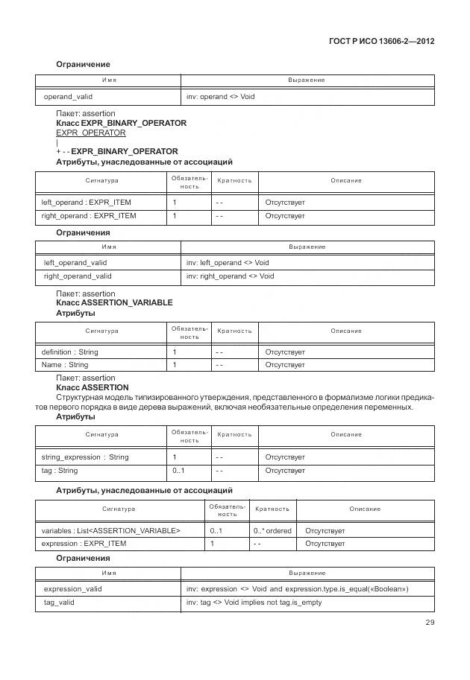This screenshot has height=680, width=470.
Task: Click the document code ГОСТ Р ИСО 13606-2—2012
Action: pos(381,41)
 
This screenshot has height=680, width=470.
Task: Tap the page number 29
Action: pos(429,623)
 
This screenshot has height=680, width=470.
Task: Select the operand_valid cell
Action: pos(68,97)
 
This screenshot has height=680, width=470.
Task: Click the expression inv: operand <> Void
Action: pos(221,97)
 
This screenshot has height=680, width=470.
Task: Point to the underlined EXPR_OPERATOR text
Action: pos(90,133)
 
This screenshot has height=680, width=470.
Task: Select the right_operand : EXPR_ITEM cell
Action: pos(89,216)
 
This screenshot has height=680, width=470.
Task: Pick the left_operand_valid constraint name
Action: pos(75,263)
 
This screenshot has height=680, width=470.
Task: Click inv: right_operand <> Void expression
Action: pos(230,276)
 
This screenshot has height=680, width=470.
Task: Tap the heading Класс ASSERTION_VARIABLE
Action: pos(114,303)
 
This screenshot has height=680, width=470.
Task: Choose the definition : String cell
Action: pos(69,352)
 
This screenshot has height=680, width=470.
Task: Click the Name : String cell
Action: pos(65,365)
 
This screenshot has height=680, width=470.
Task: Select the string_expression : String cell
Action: pos(85,457)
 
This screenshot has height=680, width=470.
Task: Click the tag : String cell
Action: pos(60,471)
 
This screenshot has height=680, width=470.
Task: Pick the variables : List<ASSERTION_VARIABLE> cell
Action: pos(110,531)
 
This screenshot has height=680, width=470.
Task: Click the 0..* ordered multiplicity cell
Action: pos(272,531)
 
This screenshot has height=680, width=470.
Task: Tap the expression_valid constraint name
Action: pos(73,589)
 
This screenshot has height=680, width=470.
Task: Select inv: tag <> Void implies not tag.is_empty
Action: pos(254,603)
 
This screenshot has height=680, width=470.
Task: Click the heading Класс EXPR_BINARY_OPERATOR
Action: pos(121,123)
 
